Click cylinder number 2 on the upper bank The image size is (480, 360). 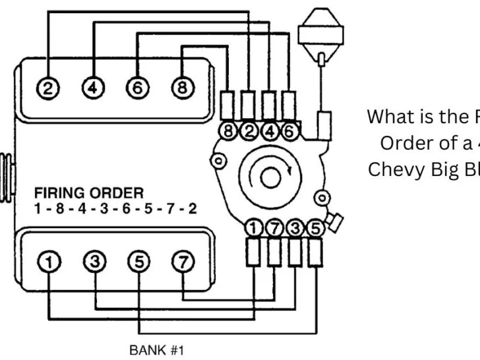pyautogui.click(x=47, y=88)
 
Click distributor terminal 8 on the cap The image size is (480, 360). pyautogui.click(x=229, y=131)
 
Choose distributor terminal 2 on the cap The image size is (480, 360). pyautogui.click(x=248, y=131)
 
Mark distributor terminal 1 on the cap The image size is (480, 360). pyautogui.click(x=253, y=229)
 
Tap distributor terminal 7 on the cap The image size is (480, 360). pyautogui.click(x=274, y=229)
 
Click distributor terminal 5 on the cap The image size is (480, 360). pyautogui.click(x=316, y=229)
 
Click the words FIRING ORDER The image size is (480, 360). pyautogui.click(x=88, y=193)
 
